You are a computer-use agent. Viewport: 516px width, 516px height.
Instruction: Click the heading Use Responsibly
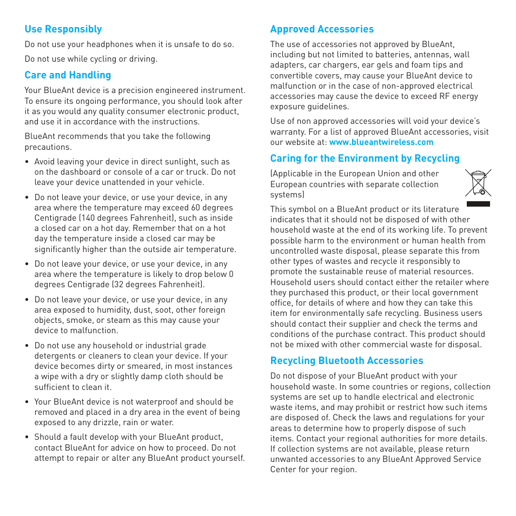pyautogui.click(x=63, y=29)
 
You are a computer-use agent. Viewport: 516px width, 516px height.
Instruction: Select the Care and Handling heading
pyautogui.click(x=68, y=75)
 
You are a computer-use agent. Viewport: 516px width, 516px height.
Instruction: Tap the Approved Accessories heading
pyautogui.click(x=322, y=29)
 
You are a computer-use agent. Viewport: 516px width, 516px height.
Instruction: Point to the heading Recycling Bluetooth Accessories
pyautogui.click(x=347, y=361)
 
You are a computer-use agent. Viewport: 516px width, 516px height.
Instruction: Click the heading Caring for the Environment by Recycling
pyautogui.click(x=365, y=158)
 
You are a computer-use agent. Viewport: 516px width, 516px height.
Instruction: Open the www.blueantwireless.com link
pyautogui.click(x=381, y=142)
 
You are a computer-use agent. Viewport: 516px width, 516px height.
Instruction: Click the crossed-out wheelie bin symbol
pyautogui.click(x=478, y=182)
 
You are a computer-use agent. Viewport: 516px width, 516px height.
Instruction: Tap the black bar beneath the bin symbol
pyautogui.click(x=478, y=204)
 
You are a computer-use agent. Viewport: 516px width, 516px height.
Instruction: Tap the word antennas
pyautogui.click(x=432, y=55)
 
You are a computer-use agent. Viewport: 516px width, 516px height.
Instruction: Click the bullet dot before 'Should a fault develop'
pyautogui.click(x=27, y=438)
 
